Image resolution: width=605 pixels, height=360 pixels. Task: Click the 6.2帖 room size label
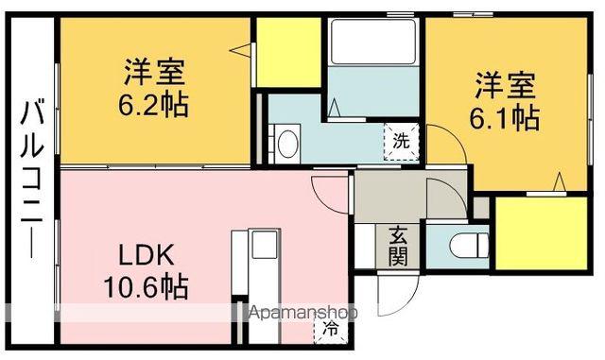[152, 103]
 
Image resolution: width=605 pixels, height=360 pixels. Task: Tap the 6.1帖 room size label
[505, 118]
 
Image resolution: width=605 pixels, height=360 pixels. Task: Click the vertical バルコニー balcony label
[30, 179]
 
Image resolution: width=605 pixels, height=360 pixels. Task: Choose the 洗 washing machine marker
[401, 143]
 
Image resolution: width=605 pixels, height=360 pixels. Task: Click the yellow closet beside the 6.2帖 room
[288, 51]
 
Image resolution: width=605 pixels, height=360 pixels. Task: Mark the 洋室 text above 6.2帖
[152, 72]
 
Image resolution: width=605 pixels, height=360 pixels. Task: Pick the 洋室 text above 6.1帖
[505, 88]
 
